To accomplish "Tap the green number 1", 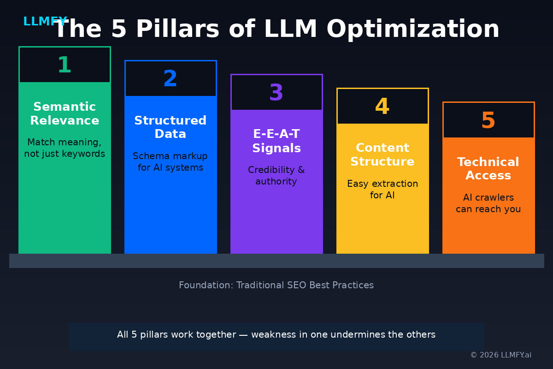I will point(65,65).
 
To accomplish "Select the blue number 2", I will point(170,79).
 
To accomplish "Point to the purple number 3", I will point(276,93).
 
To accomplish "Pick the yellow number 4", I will point(382,107).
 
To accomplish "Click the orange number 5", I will point(488,121).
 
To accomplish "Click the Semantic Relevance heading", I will point(65,114).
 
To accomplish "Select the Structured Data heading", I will point(170,128).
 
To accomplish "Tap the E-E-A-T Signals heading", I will point(276,142).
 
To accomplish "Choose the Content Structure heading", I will point(382,155).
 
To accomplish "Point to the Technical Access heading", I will point(488,169).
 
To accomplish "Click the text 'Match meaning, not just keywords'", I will point(65,148).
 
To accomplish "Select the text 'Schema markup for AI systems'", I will point(170,162).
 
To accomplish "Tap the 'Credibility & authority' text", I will point(276,176).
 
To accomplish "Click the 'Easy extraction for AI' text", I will point(382,190).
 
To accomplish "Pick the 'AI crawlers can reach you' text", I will point(488,203).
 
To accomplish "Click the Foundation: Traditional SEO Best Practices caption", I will point(276,286).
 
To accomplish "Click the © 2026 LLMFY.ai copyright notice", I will point(500,355).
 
